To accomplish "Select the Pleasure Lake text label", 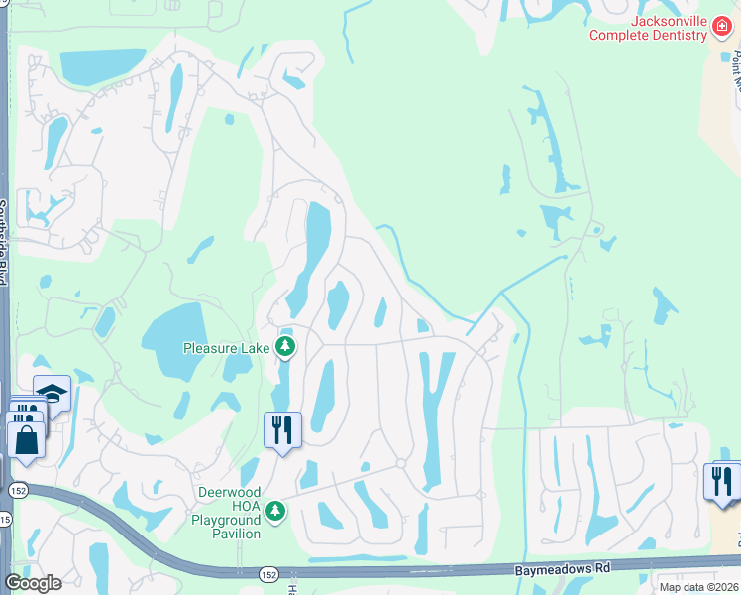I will (x=226, y=347).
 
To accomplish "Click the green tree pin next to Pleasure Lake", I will (x=285, y=346).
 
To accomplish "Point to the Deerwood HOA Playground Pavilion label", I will (x=227, y=513).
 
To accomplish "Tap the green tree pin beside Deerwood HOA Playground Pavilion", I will (x=277, y=511).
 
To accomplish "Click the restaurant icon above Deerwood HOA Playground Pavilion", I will (x=282, y=430).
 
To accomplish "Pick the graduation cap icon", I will (x=52, y=393).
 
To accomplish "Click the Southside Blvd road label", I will (x=4, y=242).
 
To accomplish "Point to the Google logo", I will (x=33, y=582).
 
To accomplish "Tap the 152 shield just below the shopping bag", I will (x=18, y=490).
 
